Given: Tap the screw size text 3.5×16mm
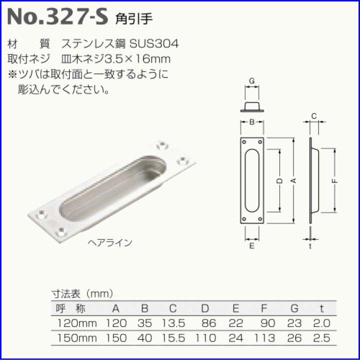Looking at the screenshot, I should pyautogui.click(x=142, y=59).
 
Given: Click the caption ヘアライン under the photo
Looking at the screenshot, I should pyautogui.click(x=109, y=243).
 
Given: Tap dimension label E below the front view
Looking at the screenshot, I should pyautogui.click(x=251, y=246).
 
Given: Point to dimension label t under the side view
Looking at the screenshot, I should pyautogui.click(x=310, y=246).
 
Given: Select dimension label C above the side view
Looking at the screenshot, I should pyautogui.click(x=313, y=116).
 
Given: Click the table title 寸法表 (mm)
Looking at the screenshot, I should pyautogui.click(x=82, y=293).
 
